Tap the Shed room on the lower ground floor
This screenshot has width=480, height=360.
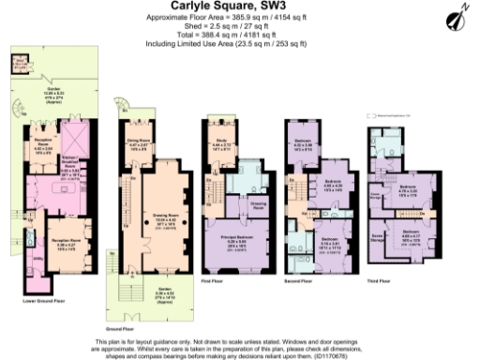tap(18, 65)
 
